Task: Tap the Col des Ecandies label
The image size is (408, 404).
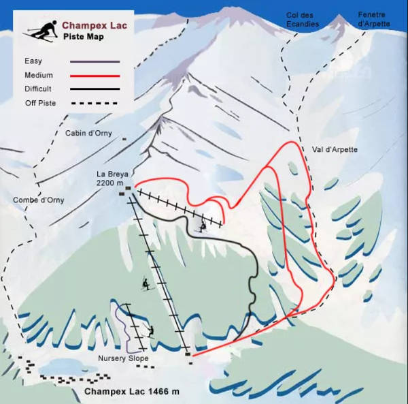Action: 302,20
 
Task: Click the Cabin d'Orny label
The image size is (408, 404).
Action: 89,134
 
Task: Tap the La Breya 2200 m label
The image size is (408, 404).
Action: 109,178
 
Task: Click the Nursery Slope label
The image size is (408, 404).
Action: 122,358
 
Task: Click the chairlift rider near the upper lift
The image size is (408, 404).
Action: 202,226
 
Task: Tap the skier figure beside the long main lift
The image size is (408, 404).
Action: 146,283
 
